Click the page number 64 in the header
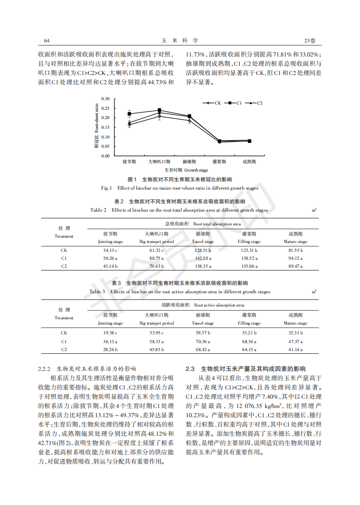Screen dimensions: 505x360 pos(47,41)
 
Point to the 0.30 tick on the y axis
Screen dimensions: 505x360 pos(105,98)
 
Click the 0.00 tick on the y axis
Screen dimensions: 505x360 pos(105,156)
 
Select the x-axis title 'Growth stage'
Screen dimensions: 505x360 pos(196,170)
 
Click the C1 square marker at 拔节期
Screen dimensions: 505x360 pos(129,114)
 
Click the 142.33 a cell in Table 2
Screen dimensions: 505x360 pos(202,258)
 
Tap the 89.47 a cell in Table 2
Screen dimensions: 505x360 pos(295,266)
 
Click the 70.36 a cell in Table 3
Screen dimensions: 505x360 pos(202,341)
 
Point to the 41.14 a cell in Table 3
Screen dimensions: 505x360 pos(295,349)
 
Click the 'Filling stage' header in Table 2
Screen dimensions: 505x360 pos(249,242)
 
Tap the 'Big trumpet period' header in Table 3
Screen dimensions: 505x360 pos(157,323)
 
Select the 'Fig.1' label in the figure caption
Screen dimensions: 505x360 pos(106,188)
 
